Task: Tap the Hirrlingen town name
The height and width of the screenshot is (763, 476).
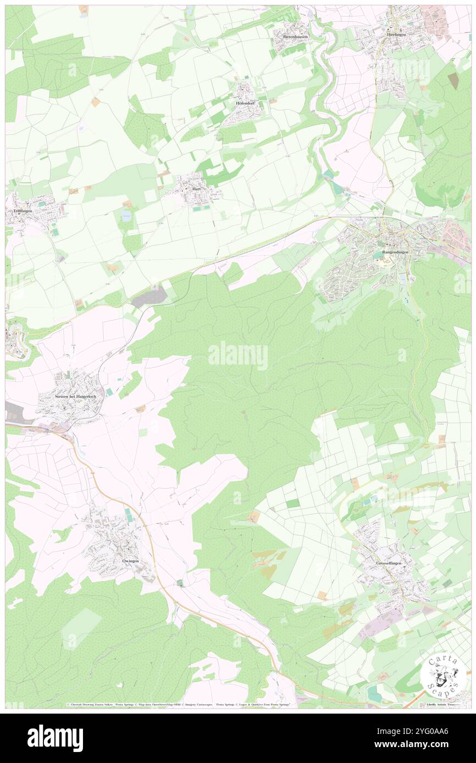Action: coord(398,33)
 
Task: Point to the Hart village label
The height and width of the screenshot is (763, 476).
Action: coord(195,189)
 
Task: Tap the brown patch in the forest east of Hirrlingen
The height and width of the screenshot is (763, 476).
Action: coord(453,81)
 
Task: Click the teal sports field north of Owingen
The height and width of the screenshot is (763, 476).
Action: coord(128,514)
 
